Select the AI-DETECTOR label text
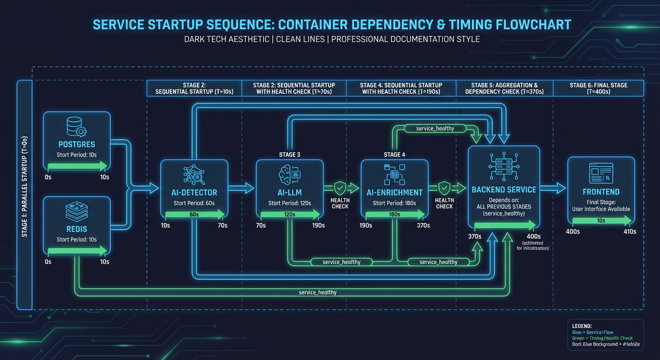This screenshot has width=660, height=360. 194,192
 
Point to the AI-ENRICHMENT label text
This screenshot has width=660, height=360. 394,192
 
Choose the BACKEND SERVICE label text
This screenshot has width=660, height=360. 504,190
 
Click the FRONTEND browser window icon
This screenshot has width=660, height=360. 601,173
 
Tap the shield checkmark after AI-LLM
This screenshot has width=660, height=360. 340,188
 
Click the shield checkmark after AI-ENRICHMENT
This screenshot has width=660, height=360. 444,188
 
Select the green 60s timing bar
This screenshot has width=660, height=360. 194,214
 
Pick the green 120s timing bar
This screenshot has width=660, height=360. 289,214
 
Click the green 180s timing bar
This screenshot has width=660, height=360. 394,214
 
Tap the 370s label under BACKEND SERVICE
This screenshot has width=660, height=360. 474,236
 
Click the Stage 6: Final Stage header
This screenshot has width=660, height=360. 598,89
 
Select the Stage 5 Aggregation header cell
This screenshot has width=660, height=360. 504,89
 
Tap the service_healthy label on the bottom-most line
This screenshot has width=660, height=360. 317,292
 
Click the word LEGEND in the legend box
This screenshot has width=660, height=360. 582,325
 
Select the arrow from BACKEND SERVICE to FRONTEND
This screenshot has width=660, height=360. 553,188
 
